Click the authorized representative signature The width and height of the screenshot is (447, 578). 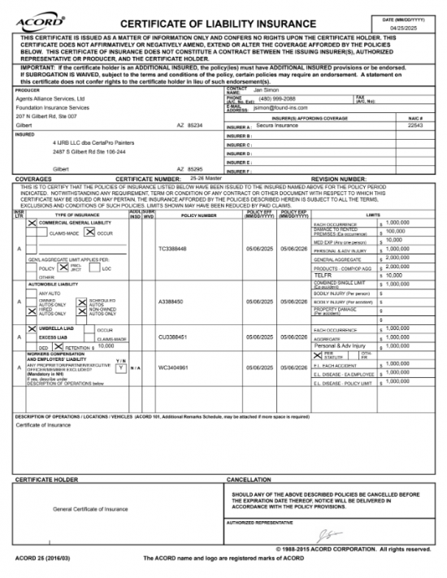point(326,534)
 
